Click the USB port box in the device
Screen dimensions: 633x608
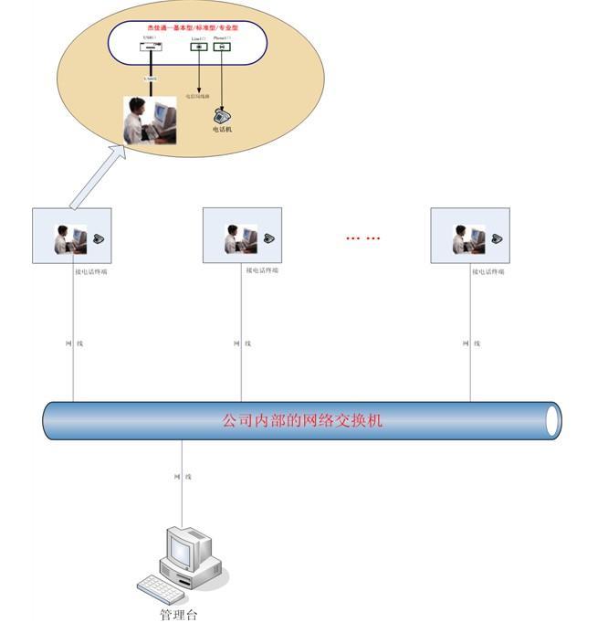click(150, 47)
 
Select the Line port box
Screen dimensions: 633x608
click(199, 47)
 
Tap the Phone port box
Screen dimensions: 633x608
click(222, 47)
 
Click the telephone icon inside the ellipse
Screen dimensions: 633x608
click(221, 116)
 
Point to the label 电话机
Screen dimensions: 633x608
click(222, 130)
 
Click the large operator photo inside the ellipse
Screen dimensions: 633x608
click(150, 121)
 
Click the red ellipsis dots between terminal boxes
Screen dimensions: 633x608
click(362, 238)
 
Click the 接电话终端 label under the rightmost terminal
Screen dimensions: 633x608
click(488, 271)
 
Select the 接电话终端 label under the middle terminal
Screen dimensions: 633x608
click(262, 270)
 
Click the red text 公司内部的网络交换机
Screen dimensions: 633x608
click(304, 421)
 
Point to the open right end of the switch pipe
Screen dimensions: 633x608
click(551, 420)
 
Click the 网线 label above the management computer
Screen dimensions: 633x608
click(182, 477)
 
